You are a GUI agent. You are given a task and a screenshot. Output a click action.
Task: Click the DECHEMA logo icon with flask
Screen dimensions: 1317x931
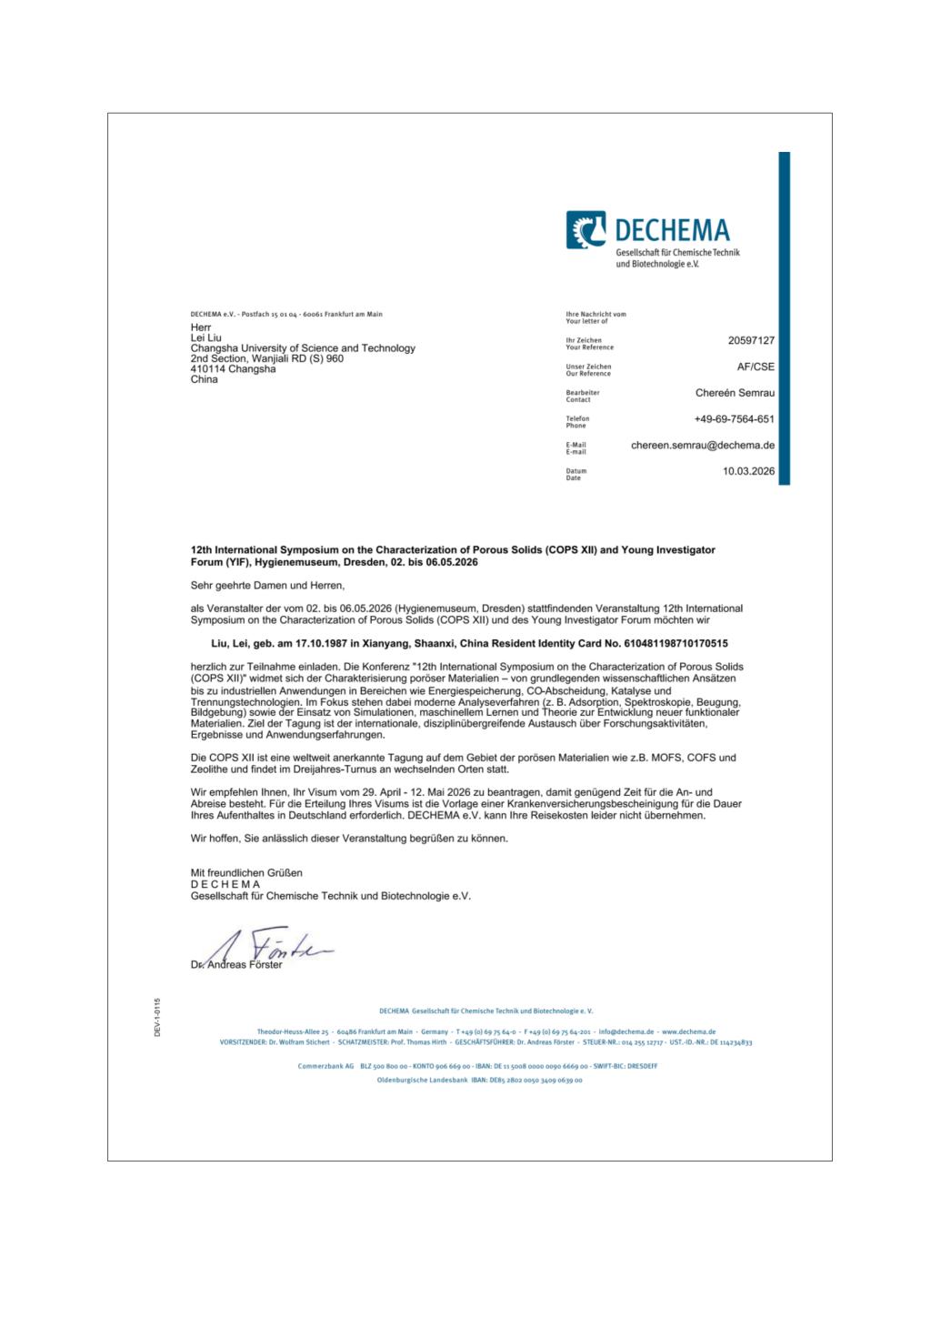[x=586, y=229]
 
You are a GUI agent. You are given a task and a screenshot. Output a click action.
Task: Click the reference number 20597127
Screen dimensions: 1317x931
[x=750, y=340]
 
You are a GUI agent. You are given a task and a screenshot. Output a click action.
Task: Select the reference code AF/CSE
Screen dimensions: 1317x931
[x=756, y=367]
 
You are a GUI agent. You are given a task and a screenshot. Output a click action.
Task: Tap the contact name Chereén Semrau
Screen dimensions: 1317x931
[x=735, y=393]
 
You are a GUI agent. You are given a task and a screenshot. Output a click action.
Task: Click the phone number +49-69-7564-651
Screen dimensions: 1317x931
[x=734, y=419]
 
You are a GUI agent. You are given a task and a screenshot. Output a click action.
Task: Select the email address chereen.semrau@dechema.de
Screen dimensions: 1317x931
[x=703, y=446]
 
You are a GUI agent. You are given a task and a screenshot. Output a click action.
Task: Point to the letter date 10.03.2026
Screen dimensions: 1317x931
[x=748, y=472]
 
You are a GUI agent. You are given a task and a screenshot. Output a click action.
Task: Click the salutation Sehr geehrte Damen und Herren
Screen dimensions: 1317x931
[x=268, y=586]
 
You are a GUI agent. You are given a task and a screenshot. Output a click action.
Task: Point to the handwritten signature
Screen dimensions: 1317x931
[x=264, y=947]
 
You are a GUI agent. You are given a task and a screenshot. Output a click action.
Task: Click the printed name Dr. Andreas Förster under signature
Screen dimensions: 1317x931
[x=236, y=965]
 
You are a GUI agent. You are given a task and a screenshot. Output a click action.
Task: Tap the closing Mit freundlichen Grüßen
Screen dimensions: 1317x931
[x=245, y=873]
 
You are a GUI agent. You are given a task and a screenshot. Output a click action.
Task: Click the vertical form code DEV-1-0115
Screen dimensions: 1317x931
[x=157, y=1017]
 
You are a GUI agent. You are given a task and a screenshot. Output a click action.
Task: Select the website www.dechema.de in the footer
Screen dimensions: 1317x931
[x=688, y=1032]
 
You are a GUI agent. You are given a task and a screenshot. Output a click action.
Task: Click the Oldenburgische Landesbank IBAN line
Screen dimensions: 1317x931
[x=479, y=1081]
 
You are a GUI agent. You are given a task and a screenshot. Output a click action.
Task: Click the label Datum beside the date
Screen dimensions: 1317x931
[x=576, y=471]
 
